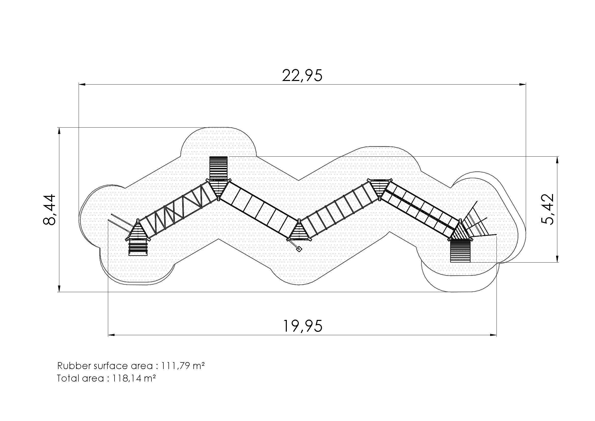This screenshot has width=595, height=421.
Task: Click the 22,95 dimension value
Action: coord(302,75)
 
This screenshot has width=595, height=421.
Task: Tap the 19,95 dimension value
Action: coord(303,326)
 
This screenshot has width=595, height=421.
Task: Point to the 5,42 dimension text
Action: coord(547,209)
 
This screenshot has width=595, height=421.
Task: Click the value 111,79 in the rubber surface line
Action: coord(175,366)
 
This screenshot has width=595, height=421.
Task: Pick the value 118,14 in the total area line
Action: coord(126,378)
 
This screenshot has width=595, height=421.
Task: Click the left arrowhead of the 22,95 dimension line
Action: coord(82,84)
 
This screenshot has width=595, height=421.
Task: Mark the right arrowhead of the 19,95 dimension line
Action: coord(493,335)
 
